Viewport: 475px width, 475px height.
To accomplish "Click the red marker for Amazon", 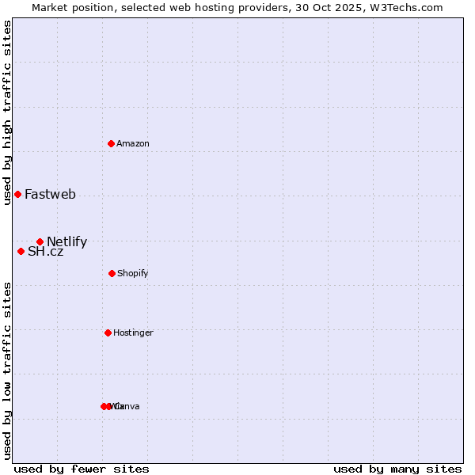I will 112,143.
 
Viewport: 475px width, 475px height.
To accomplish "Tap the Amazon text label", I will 132,143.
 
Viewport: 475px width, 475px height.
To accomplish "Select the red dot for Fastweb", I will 17,194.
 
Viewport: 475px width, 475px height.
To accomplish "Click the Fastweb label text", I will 50,194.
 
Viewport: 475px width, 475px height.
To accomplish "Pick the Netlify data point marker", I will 40,241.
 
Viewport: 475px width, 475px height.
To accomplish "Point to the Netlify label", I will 66,242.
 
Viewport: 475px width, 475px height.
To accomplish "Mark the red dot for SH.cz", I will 21,251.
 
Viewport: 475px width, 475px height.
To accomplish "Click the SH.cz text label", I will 45,252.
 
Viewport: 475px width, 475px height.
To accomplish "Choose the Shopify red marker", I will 112,273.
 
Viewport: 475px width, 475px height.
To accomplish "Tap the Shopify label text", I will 132,273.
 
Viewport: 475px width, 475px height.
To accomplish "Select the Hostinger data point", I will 108,332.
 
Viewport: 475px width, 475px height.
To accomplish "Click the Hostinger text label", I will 133,332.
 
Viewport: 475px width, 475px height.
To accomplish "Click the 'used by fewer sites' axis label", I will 82,469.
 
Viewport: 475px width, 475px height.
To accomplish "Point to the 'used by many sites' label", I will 397,469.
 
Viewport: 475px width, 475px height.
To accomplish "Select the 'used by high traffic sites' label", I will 7,113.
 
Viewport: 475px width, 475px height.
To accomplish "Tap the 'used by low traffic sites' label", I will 7,370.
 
